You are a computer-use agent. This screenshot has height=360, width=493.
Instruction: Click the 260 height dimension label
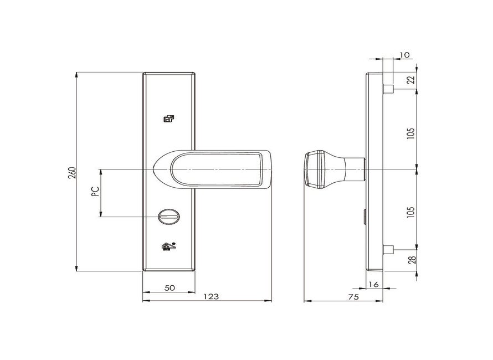point(73,173)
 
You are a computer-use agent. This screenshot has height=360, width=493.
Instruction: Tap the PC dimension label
point(95,191)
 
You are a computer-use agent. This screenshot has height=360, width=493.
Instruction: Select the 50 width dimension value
point(170,287)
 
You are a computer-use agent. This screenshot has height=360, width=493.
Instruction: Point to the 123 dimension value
point(211,296)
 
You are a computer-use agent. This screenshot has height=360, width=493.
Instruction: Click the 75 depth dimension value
point(353,297)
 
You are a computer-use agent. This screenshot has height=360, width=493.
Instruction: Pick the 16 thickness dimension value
point(373,285)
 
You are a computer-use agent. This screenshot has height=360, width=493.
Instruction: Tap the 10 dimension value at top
point(405,55)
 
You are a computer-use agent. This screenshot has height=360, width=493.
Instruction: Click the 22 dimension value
point(411,80)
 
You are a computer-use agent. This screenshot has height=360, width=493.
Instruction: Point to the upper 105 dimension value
point(410,133)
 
